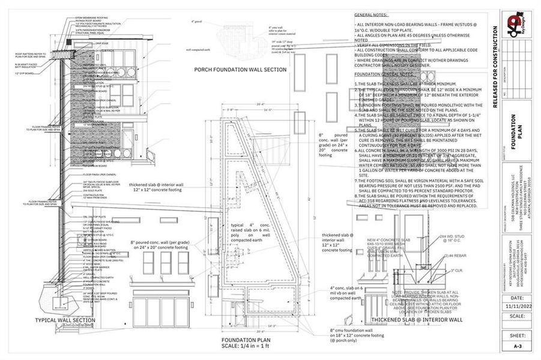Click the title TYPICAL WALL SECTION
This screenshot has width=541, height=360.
[x=65, y=320]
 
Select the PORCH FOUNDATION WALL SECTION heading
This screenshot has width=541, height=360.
[x=240, y=70]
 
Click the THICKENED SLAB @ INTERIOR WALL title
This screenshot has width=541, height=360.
[x=417, y=320]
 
